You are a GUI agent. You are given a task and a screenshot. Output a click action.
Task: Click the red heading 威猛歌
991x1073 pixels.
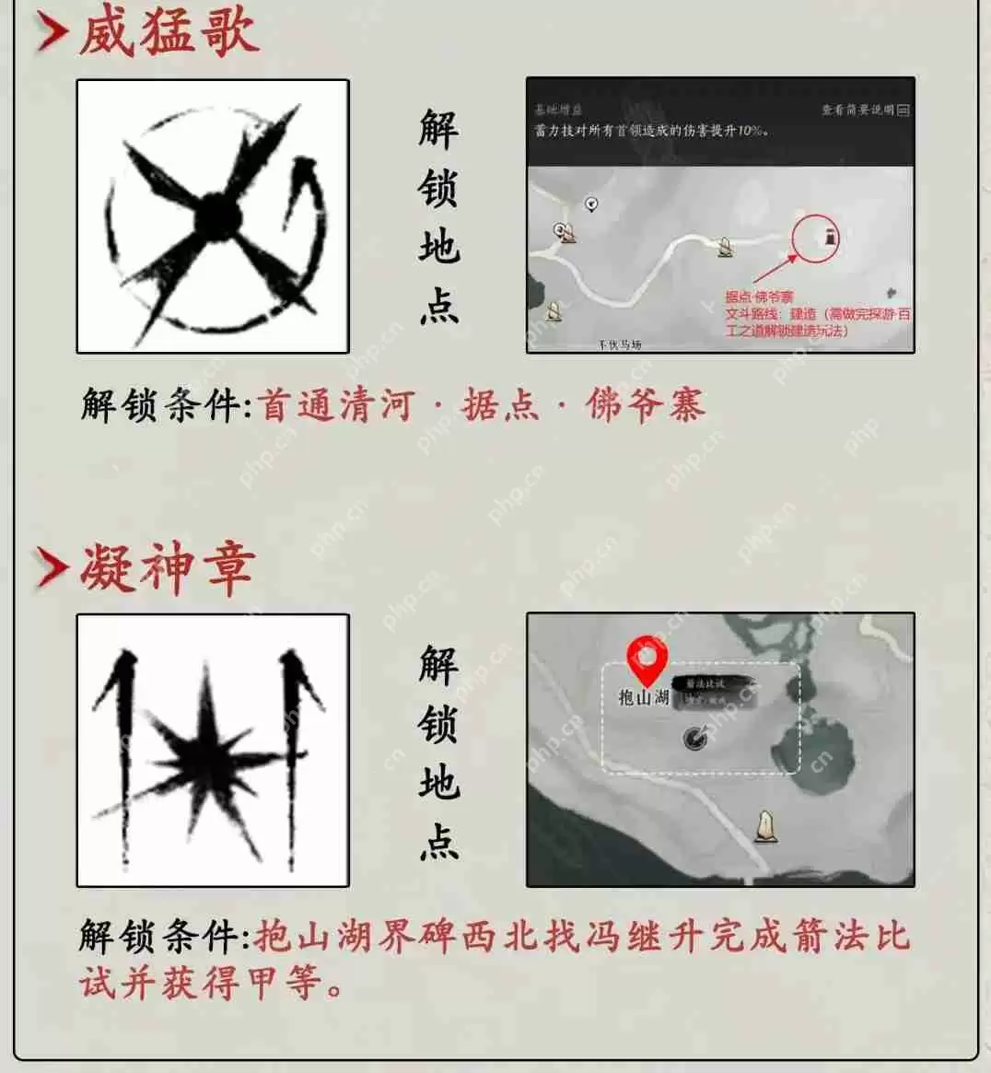(168, 33)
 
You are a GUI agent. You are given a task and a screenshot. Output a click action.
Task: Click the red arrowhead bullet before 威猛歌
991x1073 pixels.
(52, 33)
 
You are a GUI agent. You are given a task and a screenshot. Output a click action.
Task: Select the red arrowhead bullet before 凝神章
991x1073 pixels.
(52, 567)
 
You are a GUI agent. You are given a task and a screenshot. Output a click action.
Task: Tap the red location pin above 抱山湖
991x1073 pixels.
(647, 659)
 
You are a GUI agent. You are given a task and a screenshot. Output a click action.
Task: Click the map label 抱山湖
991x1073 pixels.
(644, 697)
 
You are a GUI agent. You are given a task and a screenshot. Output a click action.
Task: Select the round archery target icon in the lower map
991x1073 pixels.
(695, 737)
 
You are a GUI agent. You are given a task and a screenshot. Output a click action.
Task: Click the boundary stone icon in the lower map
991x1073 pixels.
(764, 827)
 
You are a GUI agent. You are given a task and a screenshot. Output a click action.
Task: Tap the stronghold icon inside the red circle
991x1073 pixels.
(830, 238)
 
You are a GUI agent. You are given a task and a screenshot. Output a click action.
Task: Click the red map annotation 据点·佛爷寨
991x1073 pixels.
(759, 297)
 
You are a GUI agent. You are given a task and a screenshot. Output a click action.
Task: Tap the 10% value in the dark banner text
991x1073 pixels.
(750, 131)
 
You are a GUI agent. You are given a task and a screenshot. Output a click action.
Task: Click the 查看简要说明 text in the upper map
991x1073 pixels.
(857, 110)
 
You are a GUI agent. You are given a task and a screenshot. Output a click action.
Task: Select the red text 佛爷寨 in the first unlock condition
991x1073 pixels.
(645, 405)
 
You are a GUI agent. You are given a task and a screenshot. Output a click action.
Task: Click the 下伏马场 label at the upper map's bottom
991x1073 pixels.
(619, 345)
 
